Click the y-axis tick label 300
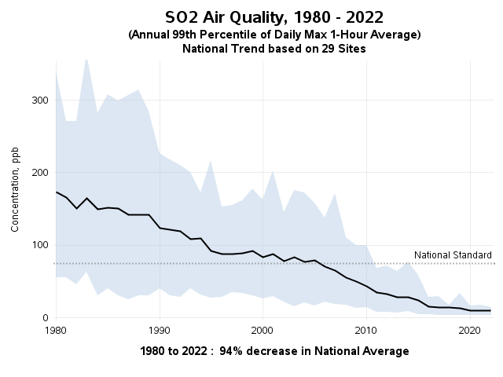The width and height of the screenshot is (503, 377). [x=39, y=101]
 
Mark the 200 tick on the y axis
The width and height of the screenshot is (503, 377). [x=39, y=173]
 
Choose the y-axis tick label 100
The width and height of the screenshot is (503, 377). [x=39, y=245]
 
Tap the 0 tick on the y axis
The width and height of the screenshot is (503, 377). [x=45, y=317]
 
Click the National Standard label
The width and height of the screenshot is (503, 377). [x=453, y=255]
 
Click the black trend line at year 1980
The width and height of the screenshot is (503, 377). [x=56, y=192]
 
